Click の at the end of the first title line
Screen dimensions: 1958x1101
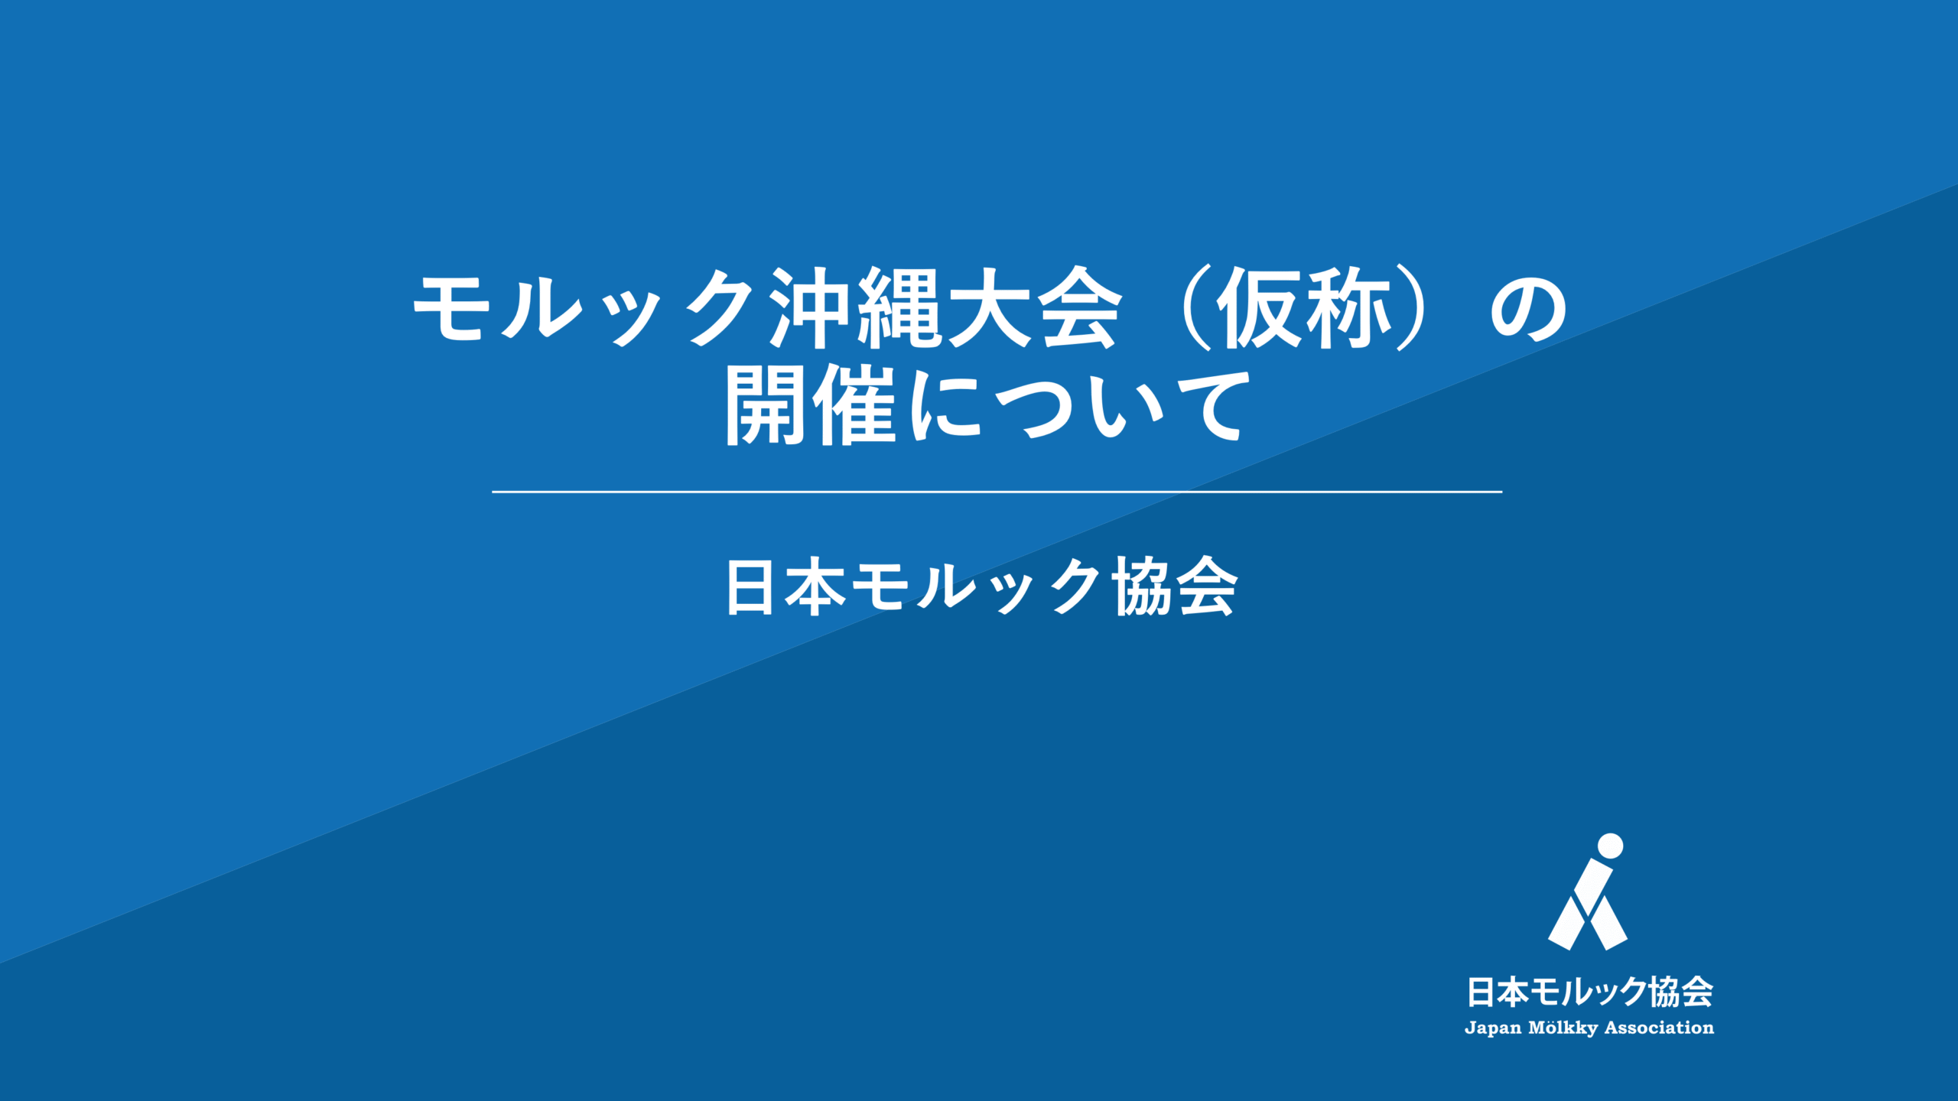[x=1529, y=308]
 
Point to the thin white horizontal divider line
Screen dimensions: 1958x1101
[x=997, y=492]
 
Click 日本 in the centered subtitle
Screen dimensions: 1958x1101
[x=786, y=586]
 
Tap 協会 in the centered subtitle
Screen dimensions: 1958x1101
[x=1174, y=586]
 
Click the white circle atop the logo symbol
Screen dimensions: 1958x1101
[x=1611, y=846]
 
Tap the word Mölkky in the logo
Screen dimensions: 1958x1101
[x=1563, y=1029]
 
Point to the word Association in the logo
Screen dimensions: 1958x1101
[x=1660, y=1028]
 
